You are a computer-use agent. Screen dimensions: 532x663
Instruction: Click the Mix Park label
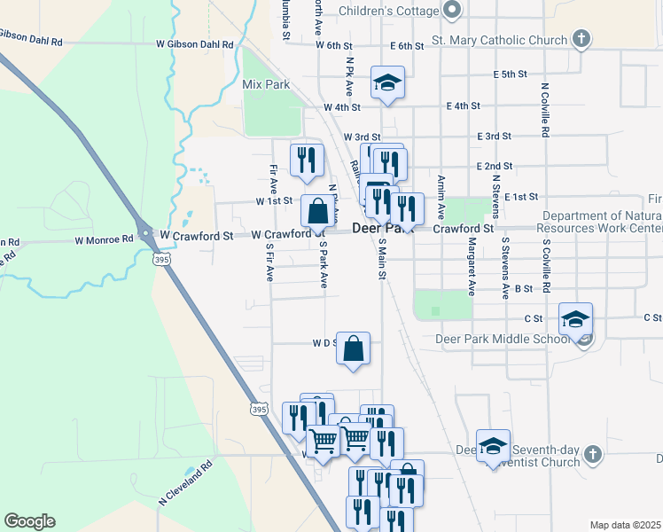click(266, 85)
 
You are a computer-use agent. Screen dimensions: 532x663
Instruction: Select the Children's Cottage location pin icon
click(453, 11)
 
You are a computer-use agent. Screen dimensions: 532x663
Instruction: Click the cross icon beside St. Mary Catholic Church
click(581, 39)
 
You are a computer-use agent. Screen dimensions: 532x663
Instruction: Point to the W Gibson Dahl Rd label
click(194, 43)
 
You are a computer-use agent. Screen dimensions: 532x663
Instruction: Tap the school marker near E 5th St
click(387, 82)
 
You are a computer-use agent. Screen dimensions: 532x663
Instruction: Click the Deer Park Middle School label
click(503, 339)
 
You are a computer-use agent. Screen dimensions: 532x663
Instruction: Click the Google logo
click(29, 520)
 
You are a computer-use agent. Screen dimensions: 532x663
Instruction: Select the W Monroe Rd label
click(104, 239)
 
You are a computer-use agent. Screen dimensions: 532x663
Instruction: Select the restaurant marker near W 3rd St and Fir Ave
click(306, 160)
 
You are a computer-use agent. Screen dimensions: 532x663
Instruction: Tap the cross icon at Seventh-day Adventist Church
click(593, 455)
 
